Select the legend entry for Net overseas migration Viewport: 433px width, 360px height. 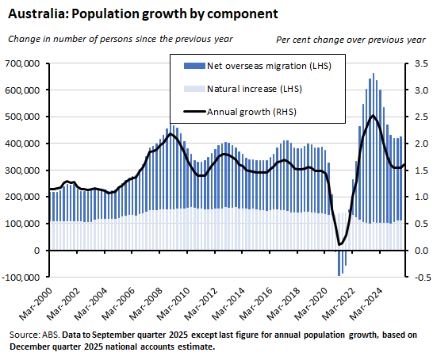tap(263, 65)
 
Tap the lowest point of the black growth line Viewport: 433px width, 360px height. tap(339, 243)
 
